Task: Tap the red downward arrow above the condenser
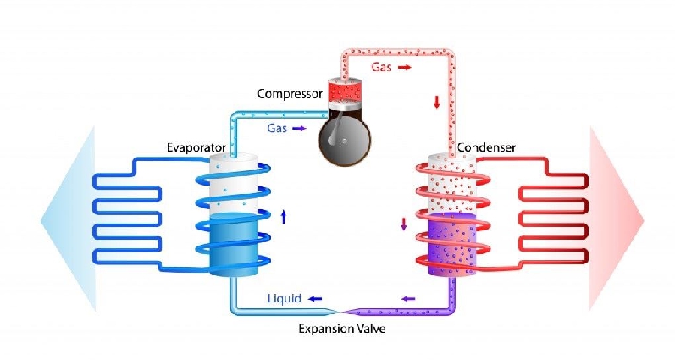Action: click(x=437, y=102)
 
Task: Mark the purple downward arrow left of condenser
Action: click(x=403, y=225)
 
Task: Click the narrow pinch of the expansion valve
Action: click(x=340, y=310)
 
